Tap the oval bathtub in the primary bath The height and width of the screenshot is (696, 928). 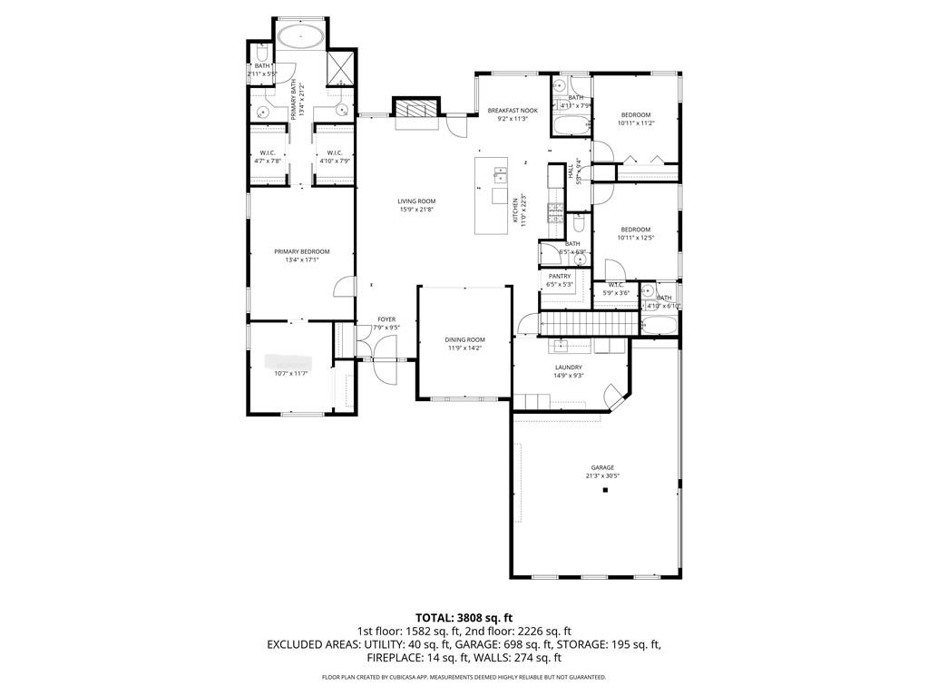click(x=299, y=37)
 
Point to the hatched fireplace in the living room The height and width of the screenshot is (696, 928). click(x=415, y=110)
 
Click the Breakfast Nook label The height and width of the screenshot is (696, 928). click(x=513, y=110)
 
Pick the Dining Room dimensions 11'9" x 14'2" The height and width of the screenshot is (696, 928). click(x=464, y=348)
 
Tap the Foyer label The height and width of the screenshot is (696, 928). click(x=386, y=319)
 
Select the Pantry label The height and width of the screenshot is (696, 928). click(x=560, y=276)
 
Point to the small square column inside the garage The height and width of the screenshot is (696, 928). click(x=605, y=490)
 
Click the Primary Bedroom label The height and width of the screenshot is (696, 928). click(x=302, y=251)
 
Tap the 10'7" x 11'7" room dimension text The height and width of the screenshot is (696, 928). click(x=292, y=373)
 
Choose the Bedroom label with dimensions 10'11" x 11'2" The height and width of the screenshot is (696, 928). click(x=636, y=114)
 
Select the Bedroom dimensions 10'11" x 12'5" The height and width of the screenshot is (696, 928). click(x=636, y=238)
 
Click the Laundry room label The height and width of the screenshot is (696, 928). click(x=569, y=368)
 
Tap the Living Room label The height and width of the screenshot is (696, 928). click(x=416, y=201)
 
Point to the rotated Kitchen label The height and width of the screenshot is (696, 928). click(x=514, y=211)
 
